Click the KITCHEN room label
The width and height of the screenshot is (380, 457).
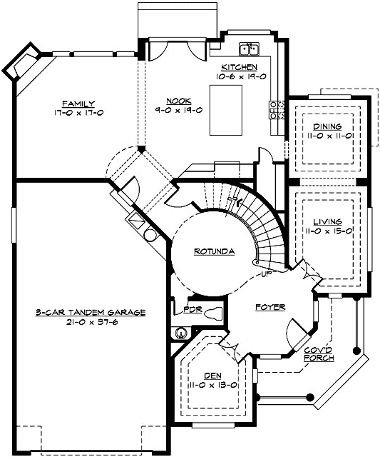(239, 67)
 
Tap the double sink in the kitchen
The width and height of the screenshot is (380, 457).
(250, 49)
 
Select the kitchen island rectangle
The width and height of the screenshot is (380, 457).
(226, 110)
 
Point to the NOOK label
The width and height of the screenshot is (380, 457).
(179, 101)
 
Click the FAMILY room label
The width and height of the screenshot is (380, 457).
(78, 104)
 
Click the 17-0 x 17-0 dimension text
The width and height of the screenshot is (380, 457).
(78, 113)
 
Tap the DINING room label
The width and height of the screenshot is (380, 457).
(327, 126)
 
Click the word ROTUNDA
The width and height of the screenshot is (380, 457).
(214, 251)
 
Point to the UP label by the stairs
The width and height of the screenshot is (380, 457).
(267, 273)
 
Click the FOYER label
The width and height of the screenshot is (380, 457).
(270, 307)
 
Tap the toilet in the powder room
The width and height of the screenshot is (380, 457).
(213, 313)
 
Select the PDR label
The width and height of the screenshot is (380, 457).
(192, 309)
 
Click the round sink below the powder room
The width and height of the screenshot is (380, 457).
(180, 333)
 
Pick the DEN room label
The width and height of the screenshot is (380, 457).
(212, 376)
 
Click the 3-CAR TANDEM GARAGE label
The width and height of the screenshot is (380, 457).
(91, 313)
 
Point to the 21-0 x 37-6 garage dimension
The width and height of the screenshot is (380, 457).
(91, 322)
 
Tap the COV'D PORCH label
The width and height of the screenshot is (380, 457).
(319, 354)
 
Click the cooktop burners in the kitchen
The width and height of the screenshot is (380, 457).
(277, 109)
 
